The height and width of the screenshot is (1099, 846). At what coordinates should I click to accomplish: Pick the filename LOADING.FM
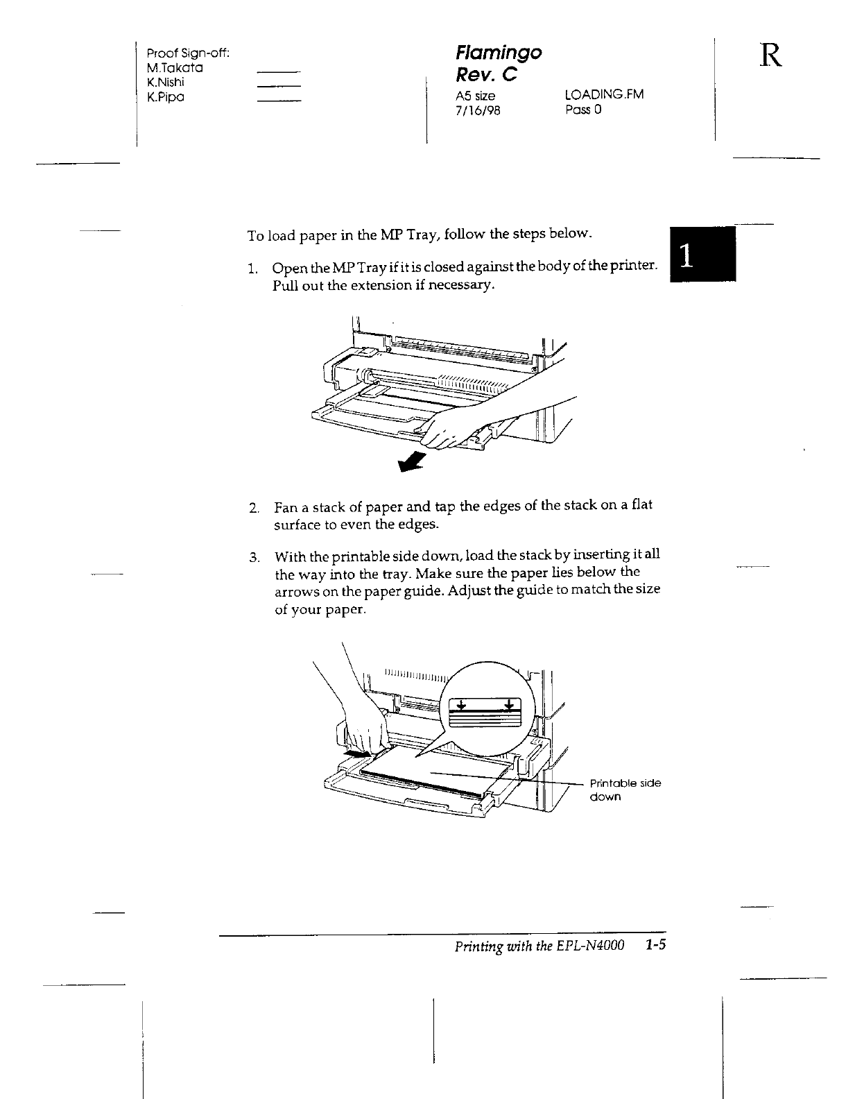pos(605,94)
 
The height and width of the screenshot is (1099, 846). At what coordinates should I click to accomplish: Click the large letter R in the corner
pos(771,56)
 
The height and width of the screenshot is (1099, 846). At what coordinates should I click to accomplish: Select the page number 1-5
pos(655,946)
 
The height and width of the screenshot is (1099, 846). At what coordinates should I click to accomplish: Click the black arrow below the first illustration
pos(413,460)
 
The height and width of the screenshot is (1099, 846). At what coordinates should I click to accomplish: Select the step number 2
pos(254,508)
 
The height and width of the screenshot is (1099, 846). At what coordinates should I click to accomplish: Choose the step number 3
pos(254,557)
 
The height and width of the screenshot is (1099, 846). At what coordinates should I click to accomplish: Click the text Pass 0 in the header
pos(583,110)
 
